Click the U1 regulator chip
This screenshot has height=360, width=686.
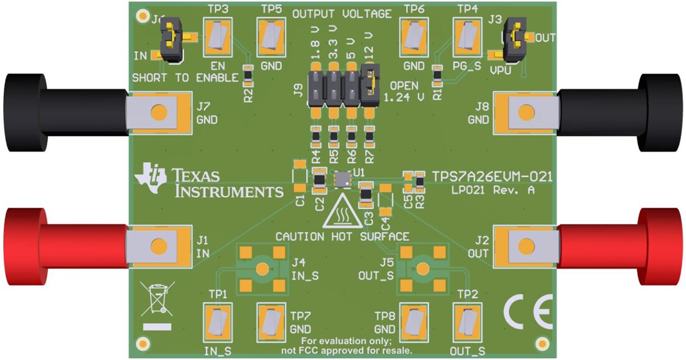coord(342,180)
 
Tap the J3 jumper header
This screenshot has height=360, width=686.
coord(514,39)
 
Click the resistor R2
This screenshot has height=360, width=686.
coord(248,77)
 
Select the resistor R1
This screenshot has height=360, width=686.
coord(437,77)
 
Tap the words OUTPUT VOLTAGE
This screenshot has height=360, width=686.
coord(342,14)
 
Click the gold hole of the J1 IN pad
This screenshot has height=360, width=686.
coord(161,245)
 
